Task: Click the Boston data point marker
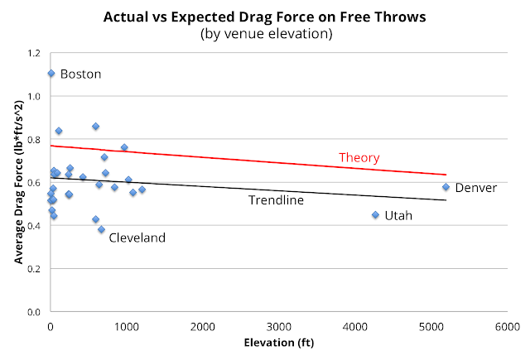[x=51, y=73]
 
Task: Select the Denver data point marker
[x=446, y=187]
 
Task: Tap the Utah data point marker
[x=375, y=214]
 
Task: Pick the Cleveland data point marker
[x=101, y=229]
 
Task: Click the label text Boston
[x=81, y=74]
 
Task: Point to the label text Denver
[x=476, y=188]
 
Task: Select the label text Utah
[x=398, y=215]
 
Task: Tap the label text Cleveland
[x=137, y=238]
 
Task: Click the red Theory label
[x=359, y=157]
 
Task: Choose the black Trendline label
[x=277, y=200]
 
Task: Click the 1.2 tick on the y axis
[x=32, y=53]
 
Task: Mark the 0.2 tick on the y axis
[x=32, y=269]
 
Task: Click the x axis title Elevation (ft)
[x=278, y=342]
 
